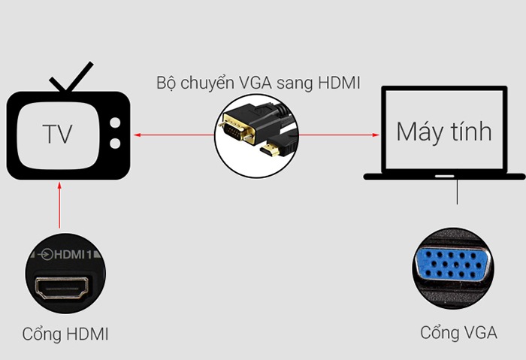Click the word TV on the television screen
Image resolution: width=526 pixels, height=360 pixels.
(x=57, y=135)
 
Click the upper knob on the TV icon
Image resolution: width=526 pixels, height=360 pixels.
(x=115, y=122)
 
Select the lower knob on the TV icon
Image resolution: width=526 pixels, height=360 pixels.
(x=115, y=142)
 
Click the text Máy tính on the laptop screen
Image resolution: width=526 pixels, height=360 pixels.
(x=444, y=132)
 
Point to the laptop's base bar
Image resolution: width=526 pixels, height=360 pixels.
(x=444, y=177)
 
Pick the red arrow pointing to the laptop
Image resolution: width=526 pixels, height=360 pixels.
(x=338, y=136)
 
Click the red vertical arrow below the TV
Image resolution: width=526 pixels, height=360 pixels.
(x=59, y=207)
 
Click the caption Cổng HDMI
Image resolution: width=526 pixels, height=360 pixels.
(x=65, y=334)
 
